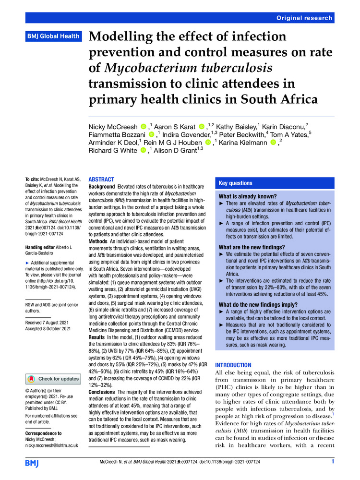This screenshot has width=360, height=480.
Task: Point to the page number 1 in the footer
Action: (x=332, y=462)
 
